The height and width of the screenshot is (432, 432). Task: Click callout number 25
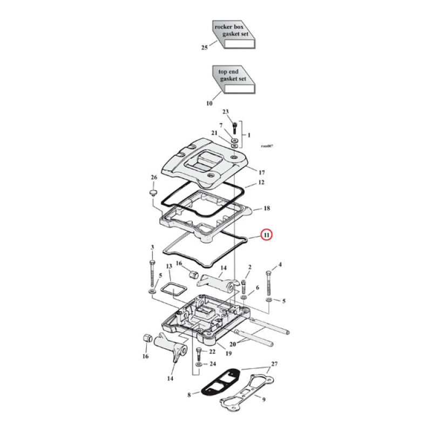pos(204,48)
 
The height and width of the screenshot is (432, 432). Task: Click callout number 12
pos(261,183)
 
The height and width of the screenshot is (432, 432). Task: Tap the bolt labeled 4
pos(268,282)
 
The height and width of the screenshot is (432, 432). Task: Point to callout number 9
pos(264,400)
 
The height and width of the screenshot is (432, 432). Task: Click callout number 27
pos(274,364)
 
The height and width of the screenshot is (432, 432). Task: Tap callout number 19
pos(229,354)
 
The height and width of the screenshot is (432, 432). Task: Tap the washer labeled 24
pos(199,366)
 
